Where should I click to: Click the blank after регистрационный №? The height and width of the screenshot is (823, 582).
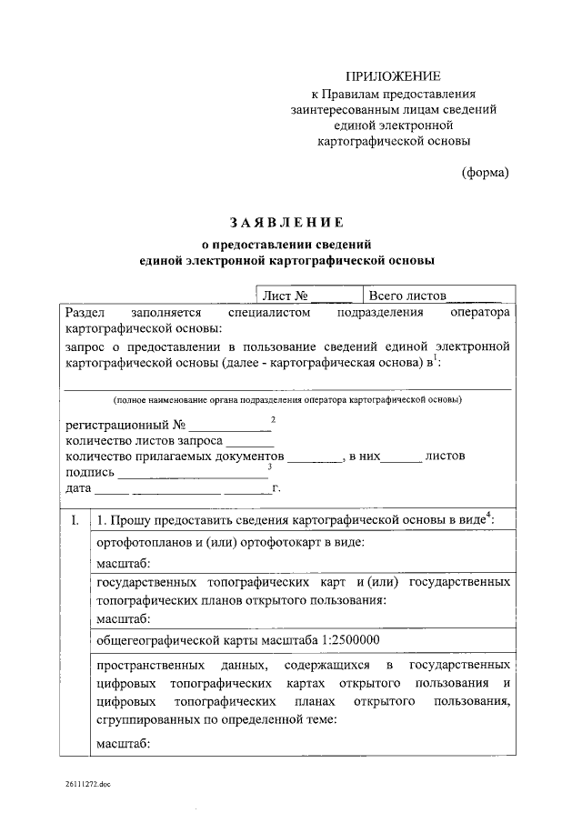point(230,426)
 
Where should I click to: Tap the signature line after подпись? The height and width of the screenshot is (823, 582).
point(193,472)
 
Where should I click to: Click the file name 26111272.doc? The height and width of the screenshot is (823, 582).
point(86,783)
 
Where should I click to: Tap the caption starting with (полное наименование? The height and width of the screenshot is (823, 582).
point(287,400)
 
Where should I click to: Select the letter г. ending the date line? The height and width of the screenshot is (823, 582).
point(276,488)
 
